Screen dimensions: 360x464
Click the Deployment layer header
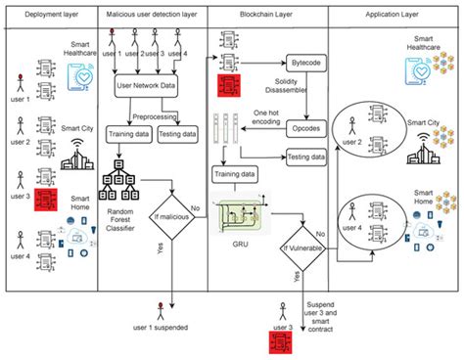(50, 14)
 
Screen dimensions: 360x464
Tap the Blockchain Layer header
(266, 14)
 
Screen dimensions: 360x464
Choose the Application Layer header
(393, 14)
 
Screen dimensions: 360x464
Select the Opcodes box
(305, 127)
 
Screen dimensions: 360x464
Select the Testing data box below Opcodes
(306, 156)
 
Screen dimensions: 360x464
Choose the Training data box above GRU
(236, 173)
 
